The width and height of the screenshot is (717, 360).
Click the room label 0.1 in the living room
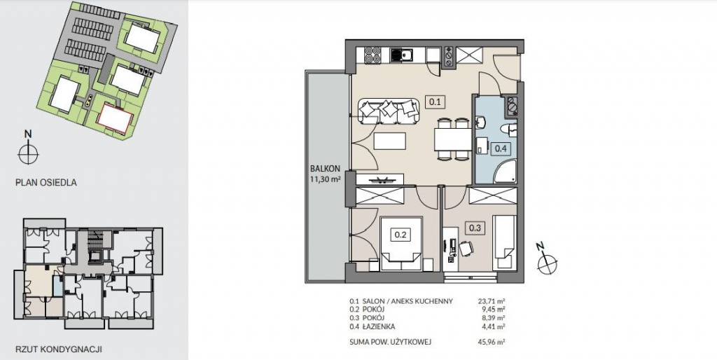(x=435, y=102)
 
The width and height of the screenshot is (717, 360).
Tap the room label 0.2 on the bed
(x=401, y=235)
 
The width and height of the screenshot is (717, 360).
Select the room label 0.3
(x=475, y=228)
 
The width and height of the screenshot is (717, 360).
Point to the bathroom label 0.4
(x=500, y=148)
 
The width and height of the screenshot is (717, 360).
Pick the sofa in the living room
(x=389, y=111)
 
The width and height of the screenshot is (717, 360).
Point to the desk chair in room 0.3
(x=466, y=249)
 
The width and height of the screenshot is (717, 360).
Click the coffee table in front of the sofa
(x=390, y=141)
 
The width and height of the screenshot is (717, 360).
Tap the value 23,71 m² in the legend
(x=491, y=301)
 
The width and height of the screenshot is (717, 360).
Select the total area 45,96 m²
(x=491, y=342)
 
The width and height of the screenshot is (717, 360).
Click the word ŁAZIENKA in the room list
(x=378, y=326)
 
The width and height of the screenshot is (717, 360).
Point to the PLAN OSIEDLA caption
(x=46, y=183)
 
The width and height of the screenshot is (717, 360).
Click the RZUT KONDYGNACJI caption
(x=59, y=349)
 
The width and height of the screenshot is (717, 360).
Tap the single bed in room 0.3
(x=504, y=242)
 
